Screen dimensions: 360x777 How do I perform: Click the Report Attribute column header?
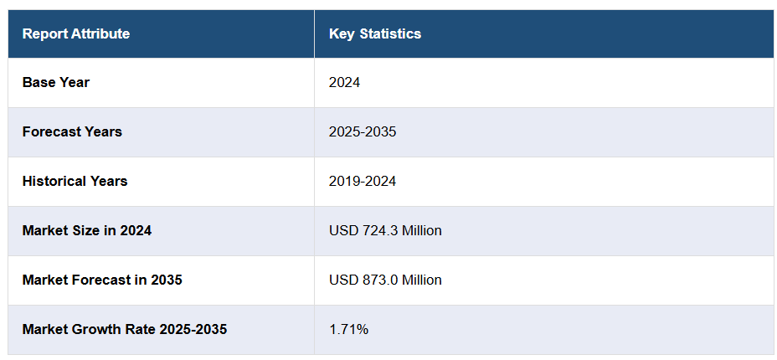pos(76,34)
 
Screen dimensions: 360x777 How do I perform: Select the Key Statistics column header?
pos(375,34)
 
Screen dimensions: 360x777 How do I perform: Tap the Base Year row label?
pos(56,83)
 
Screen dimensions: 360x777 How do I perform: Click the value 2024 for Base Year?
pos(344,83)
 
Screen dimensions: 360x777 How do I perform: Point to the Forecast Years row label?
pos(72,132)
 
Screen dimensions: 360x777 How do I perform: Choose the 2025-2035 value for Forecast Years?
pos(363,132)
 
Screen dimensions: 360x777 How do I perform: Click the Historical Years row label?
pos(75,182)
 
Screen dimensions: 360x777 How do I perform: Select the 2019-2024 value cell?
pos(363,182)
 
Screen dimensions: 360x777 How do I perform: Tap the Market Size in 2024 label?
pos(87,231)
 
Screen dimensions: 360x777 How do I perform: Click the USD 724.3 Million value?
pos(385,231)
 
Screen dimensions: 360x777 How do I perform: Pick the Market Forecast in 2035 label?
pos(102,280)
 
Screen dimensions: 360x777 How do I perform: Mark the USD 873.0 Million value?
pos(385,280)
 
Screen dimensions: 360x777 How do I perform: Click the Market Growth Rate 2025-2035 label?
pos(125,330)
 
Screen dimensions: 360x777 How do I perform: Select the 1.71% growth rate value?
pos(348,330)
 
